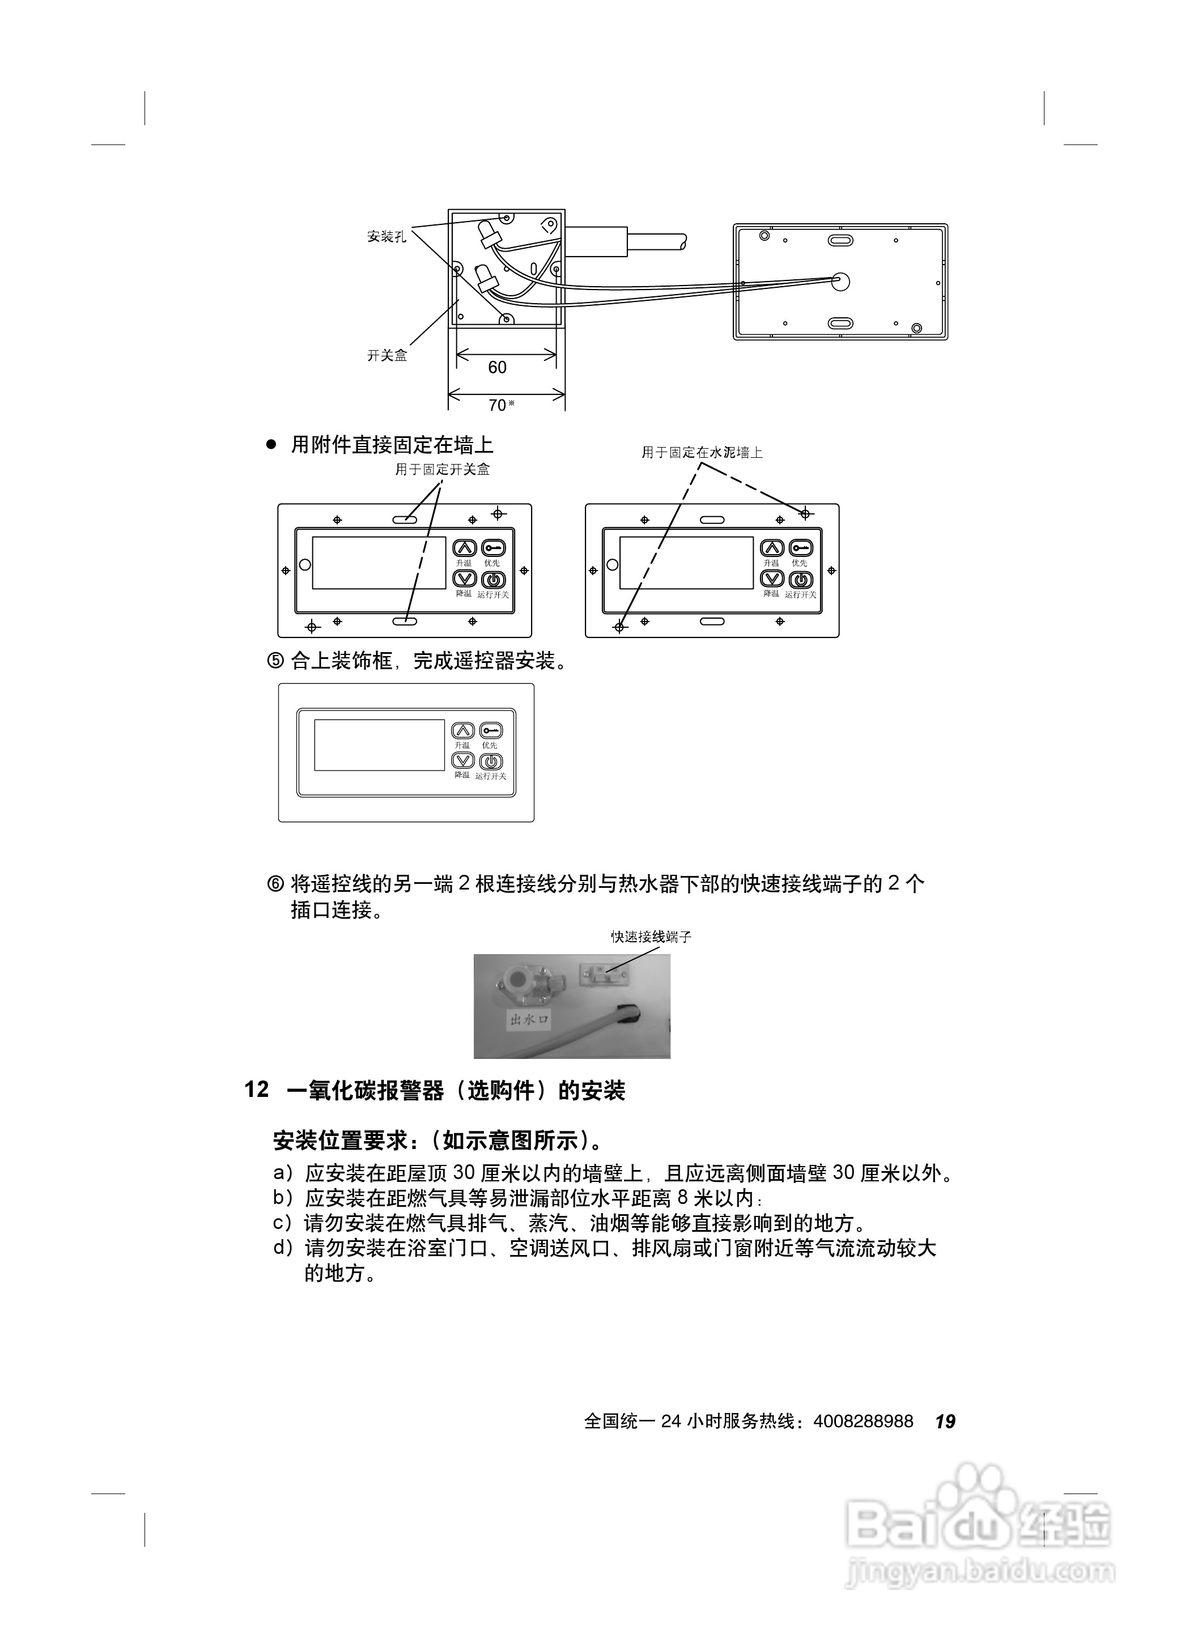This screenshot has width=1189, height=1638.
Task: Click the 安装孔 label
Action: coord(387,236)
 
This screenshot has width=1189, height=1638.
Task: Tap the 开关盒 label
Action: coord(387,355)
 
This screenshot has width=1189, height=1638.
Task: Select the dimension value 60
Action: coord(497,368)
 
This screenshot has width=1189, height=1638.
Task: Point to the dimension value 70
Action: coord(498,405)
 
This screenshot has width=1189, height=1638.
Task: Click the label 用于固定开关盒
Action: coord(442,470)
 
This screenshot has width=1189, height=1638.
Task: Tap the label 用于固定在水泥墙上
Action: coord(702,452)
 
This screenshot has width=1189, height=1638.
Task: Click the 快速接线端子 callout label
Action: coord(651,937)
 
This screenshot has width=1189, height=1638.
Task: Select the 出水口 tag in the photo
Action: coord(529,1020)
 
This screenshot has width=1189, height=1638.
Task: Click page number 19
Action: coord(945,1422)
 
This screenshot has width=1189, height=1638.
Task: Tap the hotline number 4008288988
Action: coord(863,1422)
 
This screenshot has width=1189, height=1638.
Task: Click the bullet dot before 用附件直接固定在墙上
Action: coord(271,445)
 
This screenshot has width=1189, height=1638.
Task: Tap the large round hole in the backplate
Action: coord(840,281)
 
